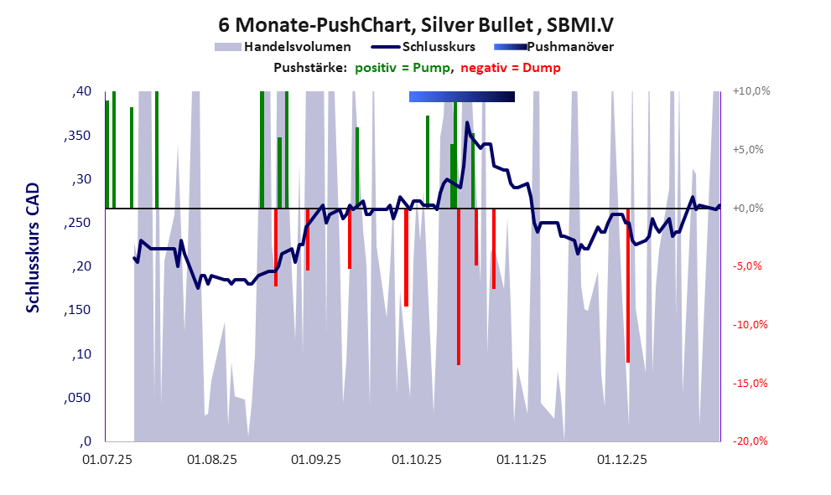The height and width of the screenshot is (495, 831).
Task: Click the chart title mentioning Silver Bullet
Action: pos(415,24)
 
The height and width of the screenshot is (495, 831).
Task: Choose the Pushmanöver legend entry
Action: pos(569,47)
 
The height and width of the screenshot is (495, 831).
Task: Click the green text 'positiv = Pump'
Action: pos(403,68)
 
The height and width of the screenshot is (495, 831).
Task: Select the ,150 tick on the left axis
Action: pos(78,310)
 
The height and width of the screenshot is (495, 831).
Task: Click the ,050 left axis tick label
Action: pos(78,397)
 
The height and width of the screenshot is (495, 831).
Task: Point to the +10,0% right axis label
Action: pos(750,91)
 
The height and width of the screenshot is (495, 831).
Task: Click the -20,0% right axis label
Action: pos(750,441)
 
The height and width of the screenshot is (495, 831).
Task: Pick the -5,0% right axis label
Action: pos(750,266)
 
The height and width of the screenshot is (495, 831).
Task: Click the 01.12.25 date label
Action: pos(621,460)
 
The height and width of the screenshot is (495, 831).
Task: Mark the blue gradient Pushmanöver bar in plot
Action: pos(461,97)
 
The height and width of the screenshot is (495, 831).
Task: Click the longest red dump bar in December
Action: pos(627,285)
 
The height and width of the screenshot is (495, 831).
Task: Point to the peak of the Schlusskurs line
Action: pos(467,123)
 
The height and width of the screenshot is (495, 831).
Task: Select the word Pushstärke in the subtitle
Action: pos(309,68)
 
